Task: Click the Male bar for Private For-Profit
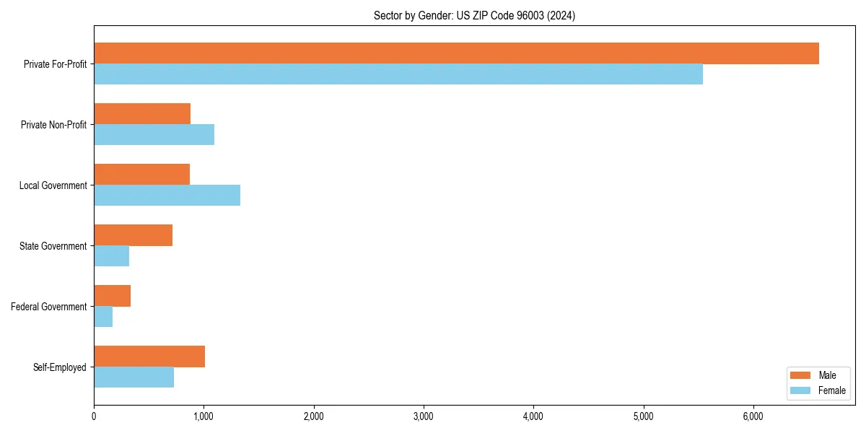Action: click(x=456, y=53)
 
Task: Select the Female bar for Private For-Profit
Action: click(x=398, y=74)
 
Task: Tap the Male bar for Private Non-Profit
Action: click(x=142, y=114)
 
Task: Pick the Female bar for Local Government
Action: click(x=167, y=196)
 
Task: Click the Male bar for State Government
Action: click(x=133, y=235)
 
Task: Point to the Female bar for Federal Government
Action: click(x=103, y=317)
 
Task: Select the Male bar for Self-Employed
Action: click(x=149, y=357)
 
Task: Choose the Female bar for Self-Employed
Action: click(x=134, y=377)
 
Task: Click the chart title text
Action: click(x=474, y=15)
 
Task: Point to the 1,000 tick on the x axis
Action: click(x=204, y=416)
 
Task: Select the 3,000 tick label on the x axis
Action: click(x=424, y=416)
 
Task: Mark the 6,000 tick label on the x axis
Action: click(x=753, y=416)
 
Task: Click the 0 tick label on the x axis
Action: click(x=94, y=416)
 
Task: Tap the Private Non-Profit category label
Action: click(x=53, y=125)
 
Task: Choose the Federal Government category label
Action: click(x=49, y=307)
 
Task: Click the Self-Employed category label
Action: click(x=60, y=367)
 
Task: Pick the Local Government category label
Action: click(x=53, y=185)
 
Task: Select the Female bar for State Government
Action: click(x=111, y=256)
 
